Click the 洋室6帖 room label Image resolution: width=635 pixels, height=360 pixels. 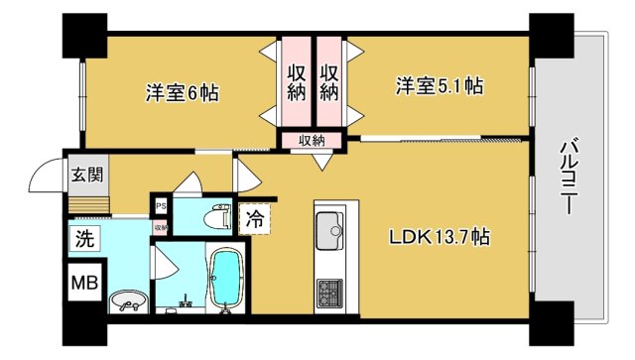[182, 93]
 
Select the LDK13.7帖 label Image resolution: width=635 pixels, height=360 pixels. [438, 238]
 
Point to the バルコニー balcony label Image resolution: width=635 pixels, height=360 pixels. [569, 180]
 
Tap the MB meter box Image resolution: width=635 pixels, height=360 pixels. [84, 283]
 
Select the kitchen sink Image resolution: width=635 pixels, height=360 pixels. [330, 233]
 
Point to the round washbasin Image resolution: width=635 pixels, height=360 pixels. [127, 300]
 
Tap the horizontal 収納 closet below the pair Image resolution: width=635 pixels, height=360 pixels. [311, 141]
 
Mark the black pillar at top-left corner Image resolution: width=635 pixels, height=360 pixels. [85, 35]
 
